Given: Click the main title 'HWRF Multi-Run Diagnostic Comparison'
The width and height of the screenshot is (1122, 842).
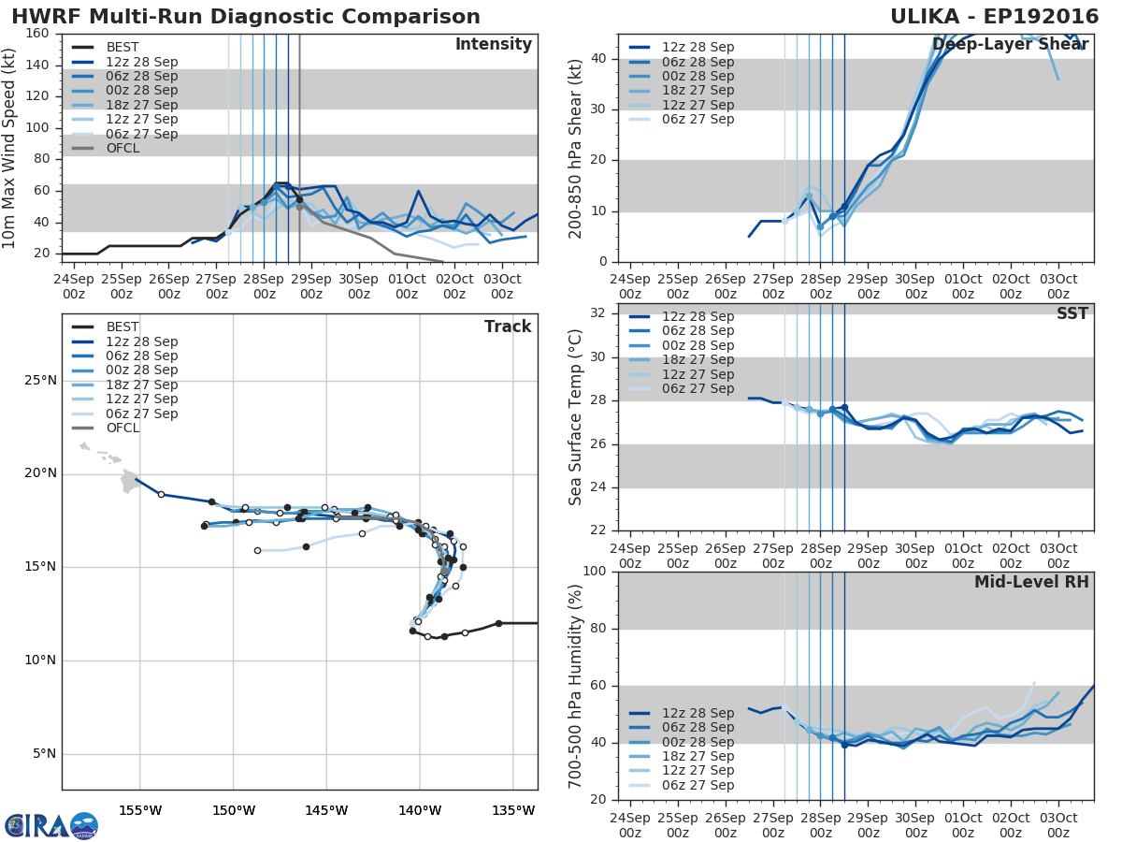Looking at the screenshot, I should (x=246, y=17).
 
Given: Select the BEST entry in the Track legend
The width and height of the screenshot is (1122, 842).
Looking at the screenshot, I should (x=122, y=327).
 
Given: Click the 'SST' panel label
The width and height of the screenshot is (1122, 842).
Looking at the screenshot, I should (x=1072, y=313).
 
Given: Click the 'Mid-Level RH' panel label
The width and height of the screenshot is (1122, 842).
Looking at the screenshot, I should (x=1031, y=582).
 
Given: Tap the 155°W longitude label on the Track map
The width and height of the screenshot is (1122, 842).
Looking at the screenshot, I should (x=140, y=810).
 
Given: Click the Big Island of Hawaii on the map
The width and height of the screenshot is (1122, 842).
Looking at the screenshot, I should (x=129, y=482).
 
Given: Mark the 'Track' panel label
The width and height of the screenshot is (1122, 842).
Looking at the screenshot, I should (x=507, y=327).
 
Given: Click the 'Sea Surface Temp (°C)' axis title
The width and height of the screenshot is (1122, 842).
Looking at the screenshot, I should (x=576, y=416).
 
